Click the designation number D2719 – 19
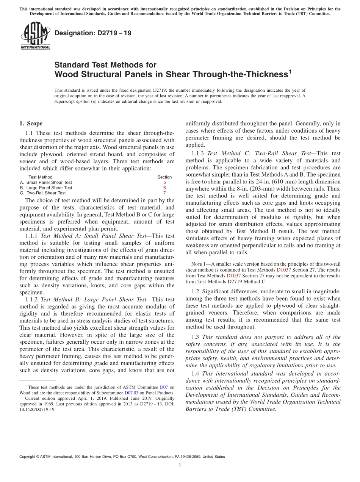click(93, 33)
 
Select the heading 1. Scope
click(31, 124)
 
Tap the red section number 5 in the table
click(164, 183)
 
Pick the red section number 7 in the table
click(164, 193)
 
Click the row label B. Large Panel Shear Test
click(46, 188)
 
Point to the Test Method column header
click(40, 177)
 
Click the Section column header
click(164, 177)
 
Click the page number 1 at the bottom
click(180, 466)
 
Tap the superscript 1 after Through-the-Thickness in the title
click(290, 71)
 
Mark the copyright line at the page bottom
click(122, 457)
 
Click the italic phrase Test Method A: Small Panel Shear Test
click(93, 236)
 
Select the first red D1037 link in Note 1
click(284, 270)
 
